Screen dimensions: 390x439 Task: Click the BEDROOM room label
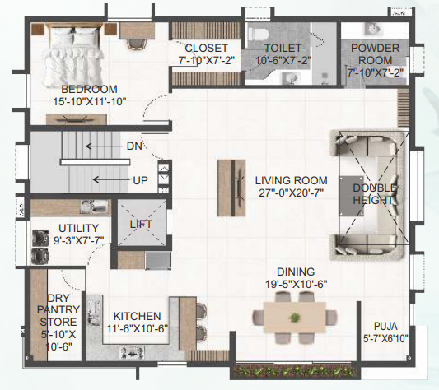click(89, 89)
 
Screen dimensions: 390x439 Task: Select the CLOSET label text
click(206, 48)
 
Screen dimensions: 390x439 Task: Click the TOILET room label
click(283, 49)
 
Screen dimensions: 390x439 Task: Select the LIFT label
click(141, 223)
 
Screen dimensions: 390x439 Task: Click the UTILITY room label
click(78, 228)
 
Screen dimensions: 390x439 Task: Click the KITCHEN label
click(137, 316)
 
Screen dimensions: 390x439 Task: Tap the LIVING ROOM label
click(291, 180)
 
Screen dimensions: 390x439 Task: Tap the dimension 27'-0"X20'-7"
click(291, 193)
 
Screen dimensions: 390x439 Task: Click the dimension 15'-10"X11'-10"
click(89, 101)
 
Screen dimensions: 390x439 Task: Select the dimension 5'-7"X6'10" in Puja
click(385, 337)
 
